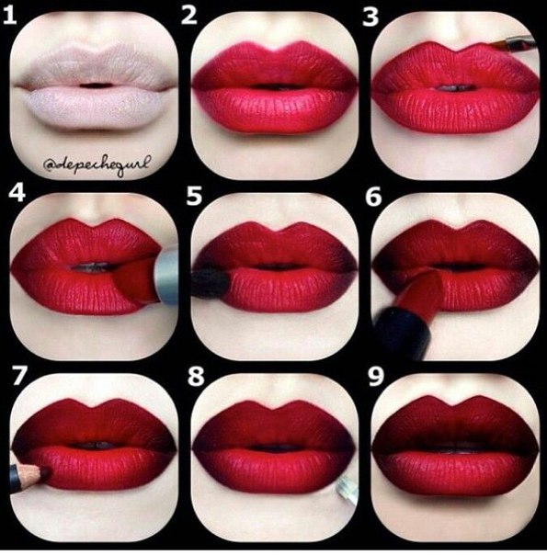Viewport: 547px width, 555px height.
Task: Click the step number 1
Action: coord(10,17)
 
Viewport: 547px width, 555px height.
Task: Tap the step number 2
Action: coord(189,17)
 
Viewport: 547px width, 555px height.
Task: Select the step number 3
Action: coord(370,17)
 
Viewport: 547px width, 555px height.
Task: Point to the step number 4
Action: coord(17,193)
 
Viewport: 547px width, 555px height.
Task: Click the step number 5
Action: coord(194,196)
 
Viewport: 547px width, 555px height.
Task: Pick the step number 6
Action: coord(373,197)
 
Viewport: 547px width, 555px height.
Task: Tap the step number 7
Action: coord(18,375)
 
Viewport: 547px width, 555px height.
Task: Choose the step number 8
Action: coord(196,377)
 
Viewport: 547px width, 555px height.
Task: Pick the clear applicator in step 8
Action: coord(346,491)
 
